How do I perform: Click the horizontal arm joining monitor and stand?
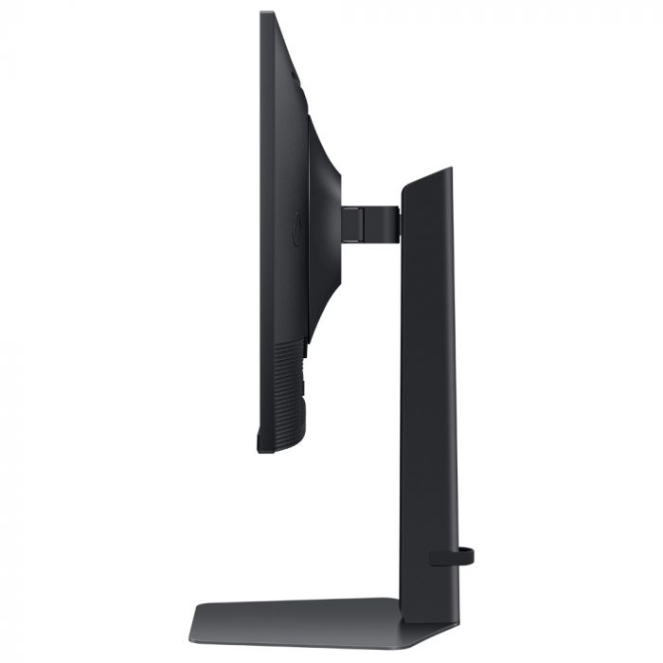coord(369,222)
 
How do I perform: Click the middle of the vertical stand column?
coord(429,398)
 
